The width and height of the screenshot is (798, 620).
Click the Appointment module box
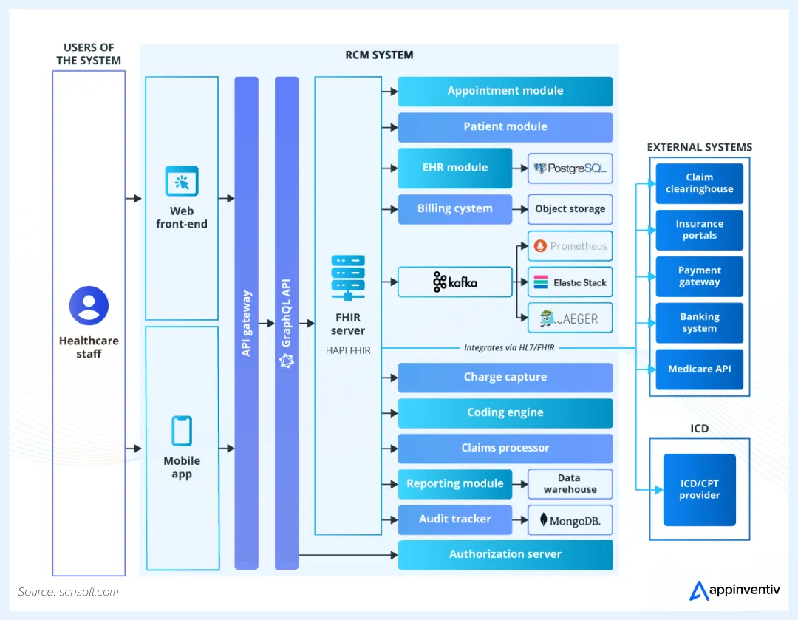coord(505,91)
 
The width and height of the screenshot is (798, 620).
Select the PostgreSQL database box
coord(570,168)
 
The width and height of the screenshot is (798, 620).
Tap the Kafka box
coord(455,282)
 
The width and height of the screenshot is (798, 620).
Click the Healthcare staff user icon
coord(89,306)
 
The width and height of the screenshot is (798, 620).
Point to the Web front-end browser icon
coord(182,181)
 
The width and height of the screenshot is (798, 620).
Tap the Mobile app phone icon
coord(182,431)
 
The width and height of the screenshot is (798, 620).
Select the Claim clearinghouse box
coord(699,183)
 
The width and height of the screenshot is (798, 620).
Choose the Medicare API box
coord(699,369)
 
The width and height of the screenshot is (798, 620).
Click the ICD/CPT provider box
coord(699,490)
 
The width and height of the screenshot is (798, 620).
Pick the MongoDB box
coord(570,520)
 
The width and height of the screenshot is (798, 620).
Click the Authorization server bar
coord(505,554)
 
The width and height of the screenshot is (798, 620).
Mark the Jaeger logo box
coord(570,319)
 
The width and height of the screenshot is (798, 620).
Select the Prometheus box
coord(570,246)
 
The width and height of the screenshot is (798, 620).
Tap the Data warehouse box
coord(570,484)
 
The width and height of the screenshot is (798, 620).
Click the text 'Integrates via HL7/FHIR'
coord(509,347)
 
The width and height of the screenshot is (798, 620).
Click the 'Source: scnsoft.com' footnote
coord(68,592)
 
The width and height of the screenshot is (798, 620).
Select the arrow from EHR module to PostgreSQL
coord(520,168)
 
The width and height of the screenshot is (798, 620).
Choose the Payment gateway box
coord(699,276)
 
